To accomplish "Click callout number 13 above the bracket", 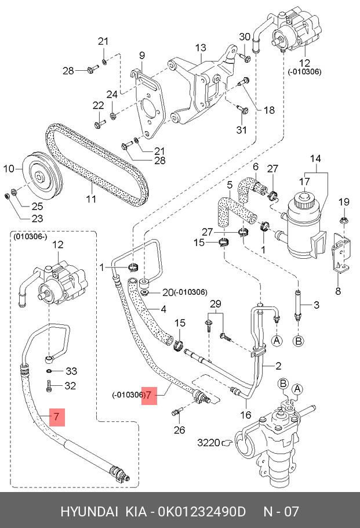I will [x=201, y=48].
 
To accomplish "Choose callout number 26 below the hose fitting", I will [x=180, y=430].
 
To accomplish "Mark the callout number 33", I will [x=71, y=371].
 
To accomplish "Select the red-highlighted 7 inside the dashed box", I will [x=56, y=417].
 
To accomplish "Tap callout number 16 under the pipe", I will [x=246, y=415].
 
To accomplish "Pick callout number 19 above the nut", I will [x=344, y=202].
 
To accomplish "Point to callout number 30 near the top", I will [x=245, y=38].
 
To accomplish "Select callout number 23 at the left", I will [x=21, y=219].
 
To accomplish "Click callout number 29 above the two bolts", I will [x=216, y=304].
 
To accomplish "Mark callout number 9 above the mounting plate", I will [x=141, y=55].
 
